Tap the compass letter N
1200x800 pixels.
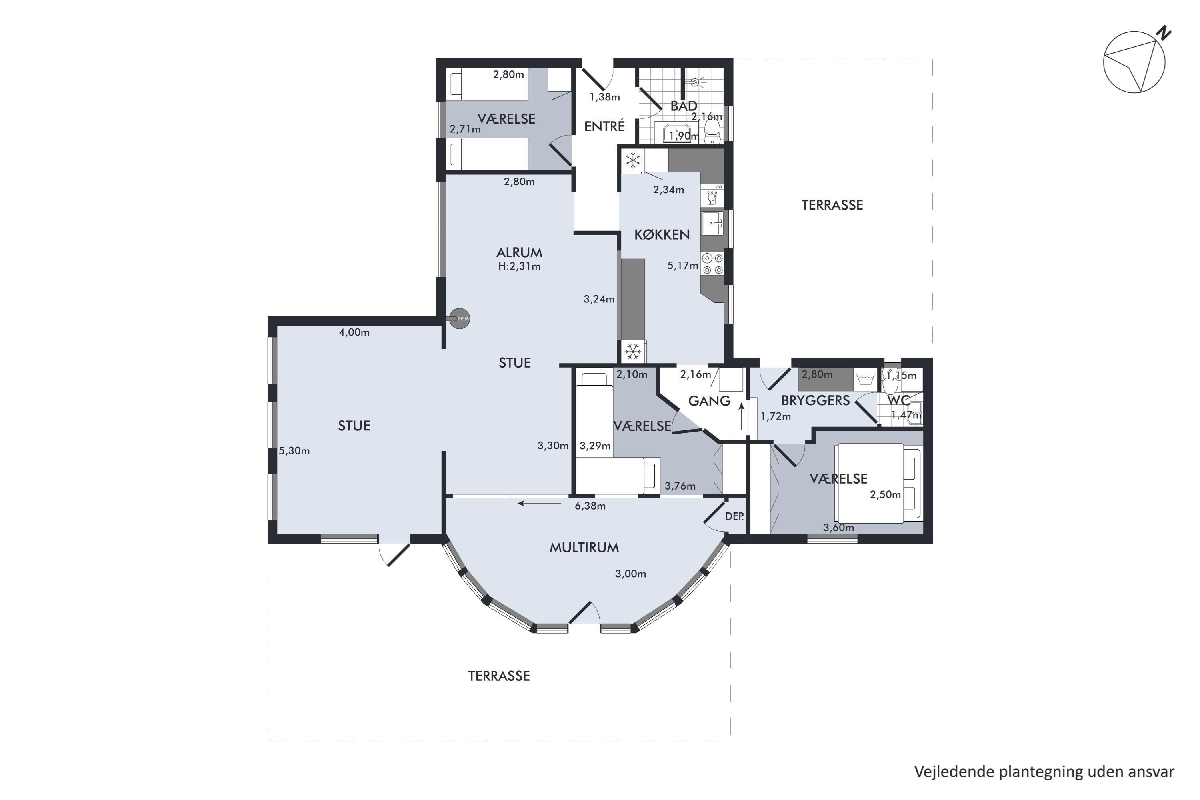point(1164,33)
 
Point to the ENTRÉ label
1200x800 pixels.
point(604,126)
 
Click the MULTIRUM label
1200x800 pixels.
point(584,548)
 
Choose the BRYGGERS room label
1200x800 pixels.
point(815,400)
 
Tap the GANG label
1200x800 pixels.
point(709,401)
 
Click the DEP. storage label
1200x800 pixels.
point(734,516)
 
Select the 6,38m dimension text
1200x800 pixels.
point(590,506)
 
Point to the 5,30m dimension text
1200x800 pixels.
point(294,451)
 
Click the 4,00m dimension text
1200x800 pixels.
point(354,333)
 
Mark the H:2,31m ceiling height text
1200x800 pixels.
point(519,266)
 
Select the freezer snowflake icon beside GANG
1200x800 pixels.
point(633,352)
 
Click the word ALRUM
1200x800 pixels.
point(519,252)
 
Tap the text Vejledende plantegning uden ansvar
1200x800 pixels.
point(1044,772)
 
